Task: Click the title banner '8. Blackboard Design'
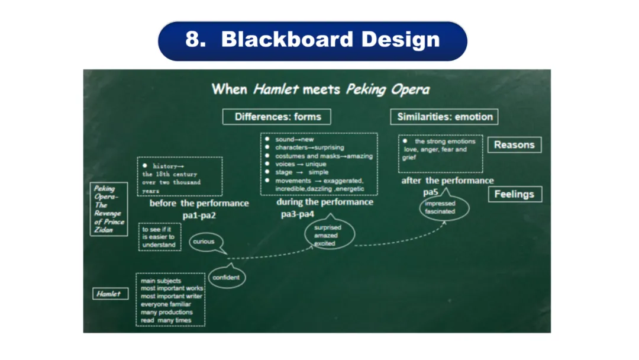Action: tap(312, 40)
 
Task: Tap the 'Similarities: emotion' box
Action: tap(444, 117)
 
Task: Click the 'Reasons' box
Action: tap(514, 145)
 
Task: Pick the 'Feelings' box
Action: tap(514, 194)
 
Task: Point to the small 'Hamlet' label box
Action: tap(109, 294)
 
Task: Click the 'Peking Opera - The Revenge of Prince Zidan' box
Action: tap(108, 209)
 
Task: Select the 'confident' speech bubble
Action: tap(225, 278)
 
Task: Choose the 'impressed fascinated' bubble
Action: tap(440, 207)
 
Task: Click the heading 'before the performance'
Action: tap(199, 203)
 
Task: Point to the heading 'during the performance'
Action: tap(325, 202)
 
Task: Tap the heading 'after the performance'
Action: tap(447, 181)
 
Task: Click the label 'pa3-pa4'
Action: tap(298, 214)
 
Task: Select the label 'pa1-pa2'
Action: tap(199, 216)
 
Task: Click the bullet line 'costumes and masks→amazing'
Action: tap(324, 156)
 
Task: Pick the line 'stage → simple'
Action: tap(301, 172)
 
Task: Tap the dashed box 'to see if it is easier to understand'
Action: tap(159, 236)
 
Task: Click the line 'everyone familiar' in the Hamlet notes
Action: tap(167, 304)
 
